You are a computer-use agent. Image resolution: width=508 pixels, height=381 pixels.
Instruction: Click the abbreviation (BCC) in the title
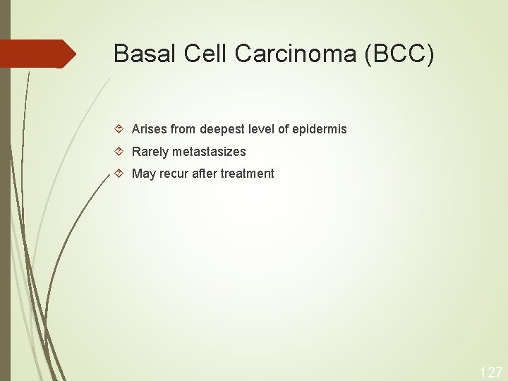400,54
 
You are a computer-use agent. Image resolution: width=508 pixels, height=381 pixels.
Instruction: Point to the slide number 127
491,372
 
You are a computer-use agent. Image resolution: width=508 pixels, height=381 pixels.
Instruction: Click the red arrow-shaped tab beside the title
38,54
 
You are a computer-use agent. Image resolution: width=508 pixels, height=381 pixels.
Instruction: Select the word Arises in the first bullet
149,130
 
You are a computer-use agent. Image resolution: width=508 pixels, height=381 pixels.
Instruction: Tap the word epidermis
319,130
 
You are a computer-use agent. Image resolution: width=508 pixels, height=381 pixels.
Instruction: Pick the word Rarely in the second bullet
149,152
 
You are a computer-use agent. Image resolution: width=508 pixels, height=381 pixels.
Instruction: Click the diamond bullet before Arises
120,130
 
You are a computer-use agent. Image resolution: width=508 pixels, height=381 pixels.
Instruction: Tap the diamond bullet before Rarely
120,152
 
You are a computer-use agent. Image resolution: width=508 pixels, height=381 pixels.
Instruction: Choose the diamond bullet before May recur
120,174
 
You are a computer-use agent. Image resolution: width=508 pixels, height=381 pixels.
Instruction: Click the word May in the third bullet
143,174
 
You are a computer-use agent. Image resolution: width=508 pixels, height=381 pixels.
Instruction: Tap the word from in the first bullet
183,130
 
